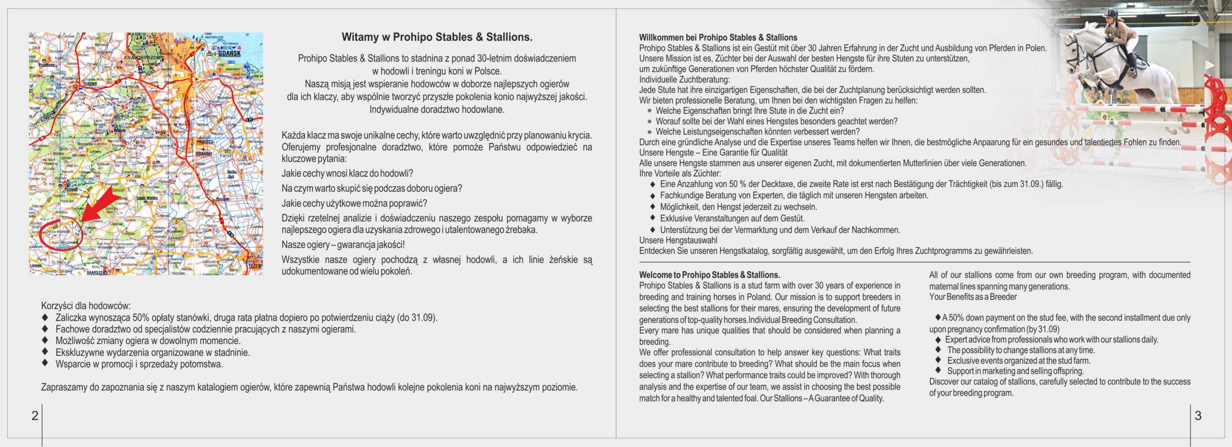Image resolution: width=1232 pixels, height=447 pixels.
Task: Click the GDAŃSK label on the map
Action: [229, 53]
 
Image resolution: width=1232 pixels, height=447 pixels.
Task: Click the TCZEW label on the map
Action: [255, 266]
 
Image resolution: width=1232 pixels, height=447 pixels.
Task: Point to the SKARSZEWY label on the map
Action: [98, 273]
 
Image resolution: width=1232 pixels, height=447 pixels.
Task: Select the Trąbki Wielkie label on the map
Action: [147, 198]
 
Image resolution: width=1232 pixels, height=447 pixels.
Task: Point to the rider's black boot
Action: [1132, 63]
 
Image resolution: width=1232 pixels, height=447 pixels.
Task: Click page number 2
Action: [35, 416]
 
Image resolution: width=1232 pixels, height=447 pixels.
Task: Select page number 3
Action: [1198, 416]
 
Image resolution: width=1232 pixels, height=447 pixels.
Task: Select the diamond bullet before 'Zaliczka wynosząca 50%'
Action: [45, 317]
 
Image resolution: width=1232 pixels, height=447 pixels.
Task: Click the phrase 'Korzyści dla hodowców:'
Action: [86, 306]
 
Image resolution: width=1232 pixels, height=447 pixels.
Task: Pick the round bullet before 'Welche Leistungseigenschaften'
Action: [650, 131]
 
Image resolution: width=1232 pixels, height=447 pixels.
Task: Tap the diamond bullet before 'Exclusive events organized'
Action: [938, 360]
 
